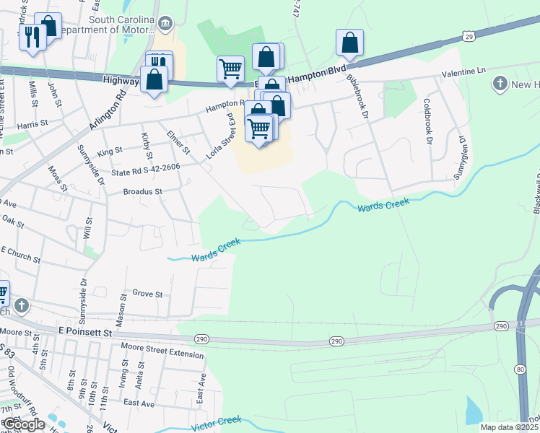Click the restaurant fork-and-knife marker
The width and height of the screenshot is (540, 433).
(31, 37)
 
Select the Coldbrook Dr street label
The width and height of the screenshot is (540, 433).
(427, 121)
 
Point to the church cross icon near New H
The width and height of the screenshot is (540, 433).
(500, 84)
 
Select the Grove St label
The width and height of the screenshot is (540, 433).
(147, 294)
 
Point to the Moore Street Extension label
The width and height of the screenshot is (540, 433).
(162, 354)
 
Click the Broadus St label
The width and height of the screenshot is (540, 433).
(143, 192)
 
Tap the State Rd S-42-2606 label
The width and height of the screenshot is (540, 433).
(145, 170)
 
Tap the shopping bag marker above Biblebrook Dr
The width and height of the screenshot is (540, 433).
(349, 43)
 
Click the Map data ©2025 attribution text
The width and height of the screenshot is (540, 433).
(509, 427)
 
